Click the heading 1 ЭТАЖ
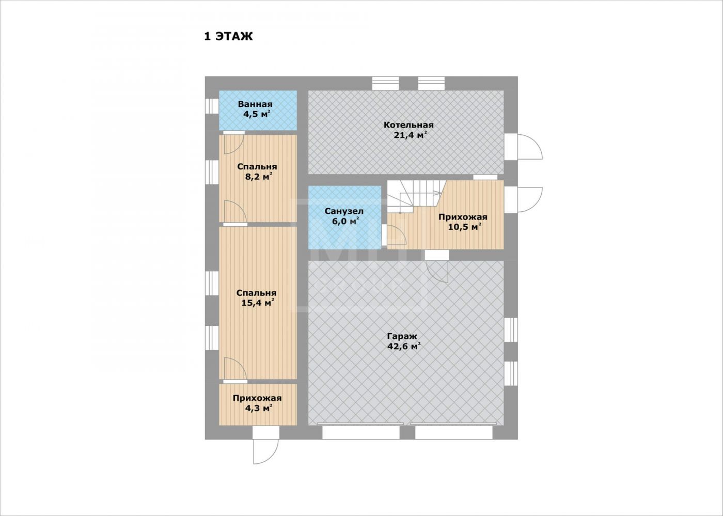(228, 37)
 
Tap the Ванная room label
(255, 104)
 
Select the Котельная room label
(408, 124)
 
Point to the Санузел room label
(344, 211)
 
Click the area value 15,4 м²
(258, 303)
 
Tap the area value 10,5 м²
(465, 227)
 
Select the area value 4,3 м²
(258, 408)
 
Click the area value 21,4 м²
(410, 135)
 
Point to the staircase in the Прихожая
(415, 196)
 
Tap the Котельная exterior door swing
(530, 147)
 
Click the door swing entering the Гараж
(437, 271)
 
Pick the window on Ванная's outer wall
(212, 106)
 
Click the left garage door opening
(361, 432)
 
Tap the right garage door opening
(453, 432)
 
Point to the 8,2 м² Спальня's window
(212, 172)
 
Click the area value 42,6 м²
(404, 347)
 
